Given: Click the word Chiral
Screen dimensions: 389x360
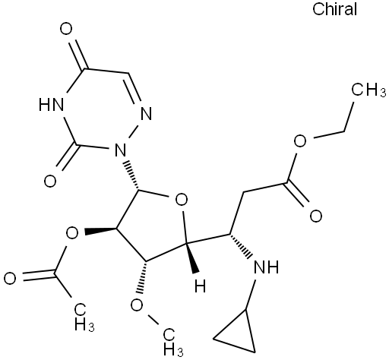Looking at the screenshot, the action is [x=334, y=9].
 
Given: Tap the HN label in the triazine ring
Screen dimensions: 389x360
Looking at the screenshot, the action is [x=51, y=105].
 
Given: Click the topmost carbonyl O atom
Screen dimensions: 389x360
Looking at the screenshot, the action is [x=66, y=29].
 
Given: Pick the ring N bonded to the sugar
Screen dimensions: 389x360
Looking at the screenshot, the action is [x=120, y=150].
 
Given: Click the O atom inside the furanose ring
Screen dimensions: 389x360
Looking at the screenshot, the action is [x=182, y=200].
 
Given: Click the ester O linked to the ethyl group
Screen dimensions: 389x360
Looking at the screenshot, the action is [x=300, y=141].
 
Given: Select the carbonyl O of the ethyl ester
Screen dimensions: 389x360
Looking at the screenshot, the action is [x=316, y=216].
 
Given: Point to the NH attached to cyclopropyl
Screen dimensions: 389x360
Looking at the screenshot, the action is [x=266, y=267].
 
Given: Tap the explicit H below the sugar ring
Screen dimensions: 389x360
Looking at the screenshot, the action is [x=200, y=286].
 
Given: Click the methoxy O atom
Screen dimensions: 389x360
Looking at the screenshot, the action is [x=137, y=305].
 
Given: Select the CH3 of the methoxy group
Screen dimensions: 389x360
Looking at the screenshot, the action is [x=172, y=342].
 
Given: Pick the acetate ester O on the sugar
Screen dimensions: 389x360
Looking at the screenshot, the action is [x=72, y=233].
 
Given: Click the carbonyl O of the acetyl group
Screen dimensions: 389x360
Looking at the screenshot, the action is [x=10, y=278].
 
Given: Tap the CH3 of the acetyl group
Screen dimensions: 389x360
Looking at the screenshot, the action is [x=84, y=317].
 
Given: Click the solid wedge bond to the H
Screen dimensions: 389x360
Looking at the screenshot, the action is [x=192, y=258].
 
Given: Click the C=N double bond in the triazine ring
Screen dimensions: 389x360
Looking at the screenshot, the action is [x=134, y=89].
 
